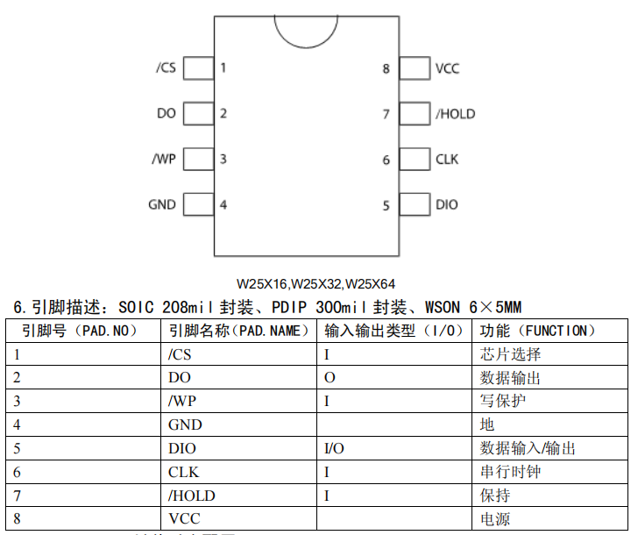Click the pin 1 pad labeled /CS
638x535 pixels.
[x=199, y=68]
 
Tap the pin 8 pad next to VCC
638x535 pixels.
[x=414, y=68]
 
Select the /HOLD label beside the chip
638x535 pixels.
[x=455, y=114]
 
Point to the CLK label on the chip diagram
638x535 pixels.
[x=447, y=160]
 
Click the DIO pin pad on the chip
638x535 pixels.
[x=414, y=205]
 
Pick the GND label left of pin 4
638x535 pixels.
[x=162, y=205]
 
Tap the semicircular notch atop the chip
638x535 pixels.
[x=306, y=29]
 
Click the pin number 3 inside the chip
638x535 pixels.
[x=223, y=160]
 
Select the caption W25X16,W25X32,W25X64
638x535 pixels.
[x=315, y=284]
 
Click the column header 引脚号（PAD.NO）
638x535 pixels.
[x=81, y=331]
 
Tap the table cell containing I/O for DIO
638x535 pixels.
[x=334, y=448]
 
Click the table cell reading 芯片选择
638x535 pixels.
[x=511, y=354]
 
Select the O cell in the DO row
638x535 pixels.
[x=330, y=378]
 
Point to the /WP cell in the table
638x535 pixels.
[x=182, y=402]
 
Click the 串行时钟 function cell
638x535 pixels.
[x=511, y=472]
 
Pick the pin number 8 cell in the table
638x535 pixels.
[x=18, y=518]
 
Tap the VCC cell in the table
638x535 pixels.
[x=185, y=518]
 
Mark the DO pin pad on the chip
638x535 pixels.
[x=199, y=114]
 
